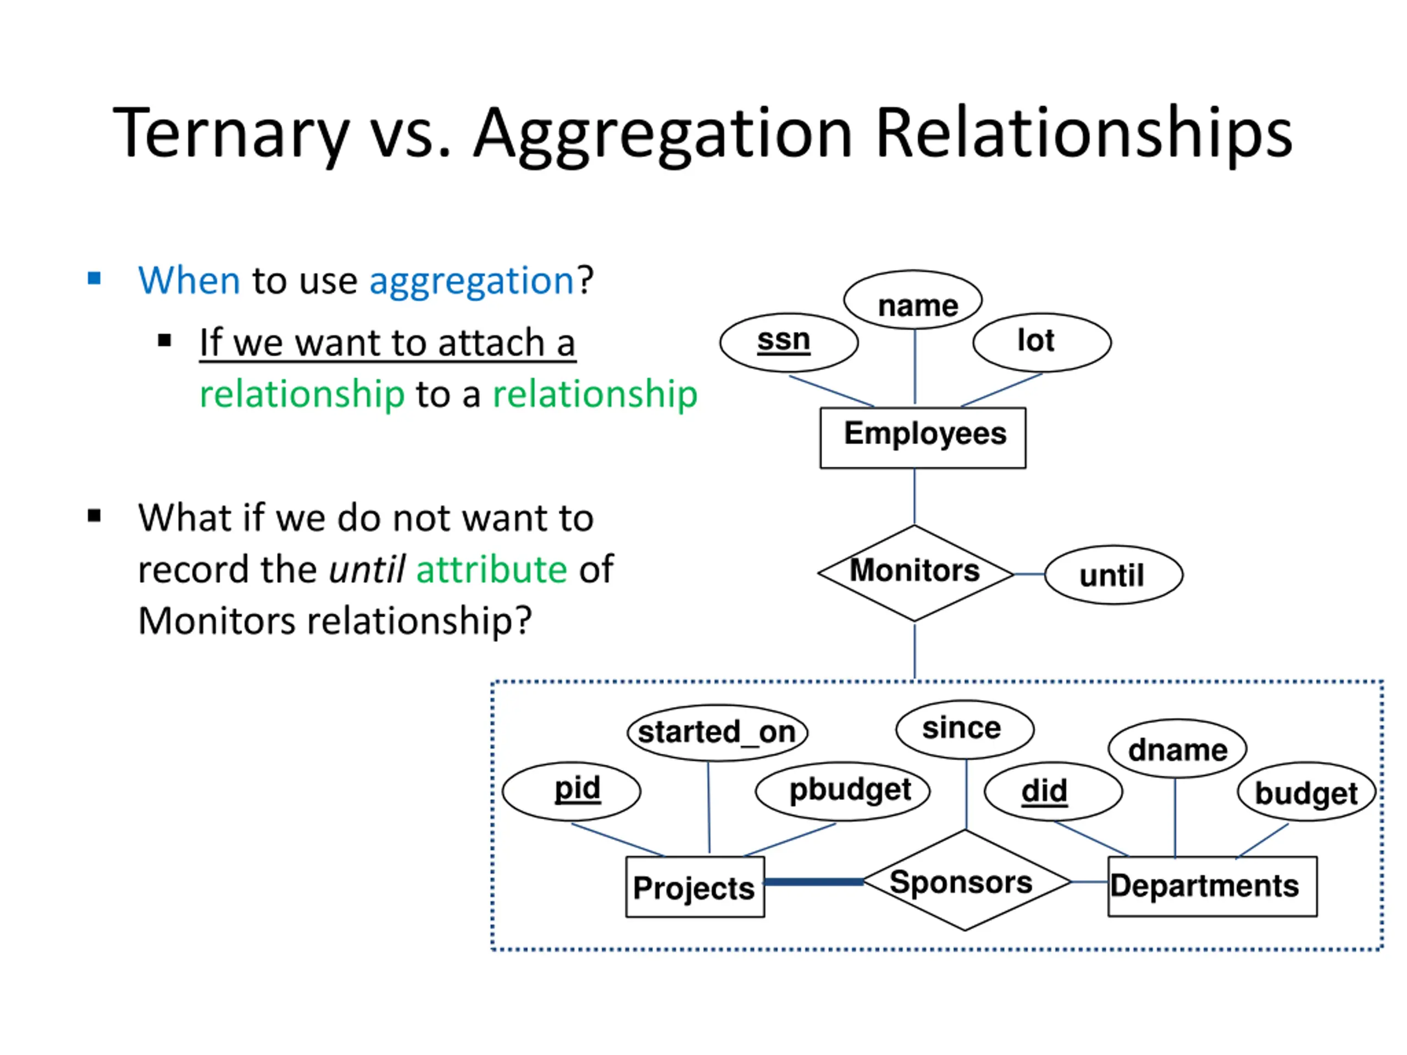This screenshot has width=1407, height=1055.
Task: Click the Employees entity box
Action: [922, 437]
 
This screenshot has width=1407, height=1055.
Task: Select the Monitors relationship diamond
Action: [915, 573]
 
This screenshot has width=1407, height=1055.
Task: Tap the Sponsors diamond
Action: [965, 881]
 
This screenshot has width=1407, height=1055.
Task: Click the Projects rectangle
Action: [695, 887]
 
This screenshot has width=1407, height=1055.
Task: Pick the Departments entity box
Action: [1212, 886]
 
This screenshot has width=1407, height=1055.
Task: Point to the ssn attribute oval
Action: [789, 342]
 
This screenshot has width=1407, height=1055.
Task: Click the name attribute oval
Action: [913, 300]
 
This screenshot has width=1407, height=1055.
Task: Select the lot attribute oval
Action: [1042, 342]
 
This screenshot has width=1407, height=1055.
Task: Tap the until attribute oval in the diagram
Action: [1113, 575]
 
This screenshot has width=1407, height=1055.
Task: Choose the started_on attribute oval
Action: [717, 732]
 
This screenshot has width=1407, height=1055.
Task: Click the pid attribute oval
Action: [571, 791]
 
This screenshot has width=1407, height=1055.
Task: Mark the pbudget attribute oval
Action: [843, 791]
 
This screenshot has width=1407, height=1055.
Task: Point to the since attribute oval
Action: [965, 729]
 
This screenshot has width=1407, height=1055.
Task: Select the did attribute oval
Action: [1053, 791]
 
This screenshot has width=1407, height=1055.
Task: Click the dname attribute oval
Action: [1177, 749]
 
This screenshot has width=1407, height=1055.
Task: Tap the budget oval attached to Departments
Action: [1306, 792]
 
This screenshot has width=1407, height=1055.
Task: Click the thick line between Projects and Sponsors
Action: [813, 881]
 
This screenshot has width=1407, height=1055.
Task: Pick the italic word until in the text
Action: [367, 569]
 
